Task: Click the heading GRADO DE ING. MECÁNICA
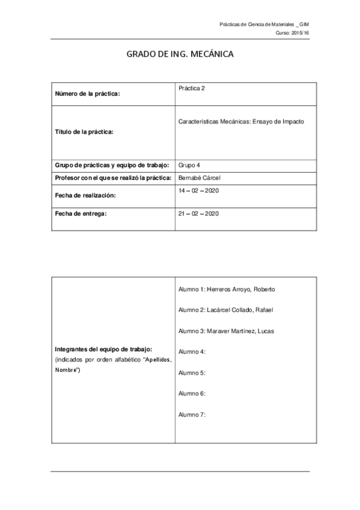point(179,54)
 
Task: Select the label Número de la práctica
point(87,94)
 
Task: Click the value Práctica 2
point(192,88)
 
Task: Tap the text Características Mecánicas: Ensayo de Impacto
point(242,121)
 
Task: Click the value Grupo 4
point(191,165)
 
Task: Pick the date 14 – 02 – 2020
point(198,190)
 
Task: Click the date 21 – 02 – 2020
point(198,214)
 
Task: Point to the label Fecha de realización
point(85,195)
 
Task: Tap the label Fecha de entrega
point(81,214)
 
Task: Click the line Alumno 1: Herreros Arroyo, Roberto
point(227,289)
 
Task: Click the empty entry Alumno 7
point(192,414)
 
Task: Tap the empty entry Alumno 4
point(192,351)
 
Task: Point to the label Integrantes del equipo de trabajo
point(103,349)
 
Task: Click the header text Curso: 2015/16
point(292,33)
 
